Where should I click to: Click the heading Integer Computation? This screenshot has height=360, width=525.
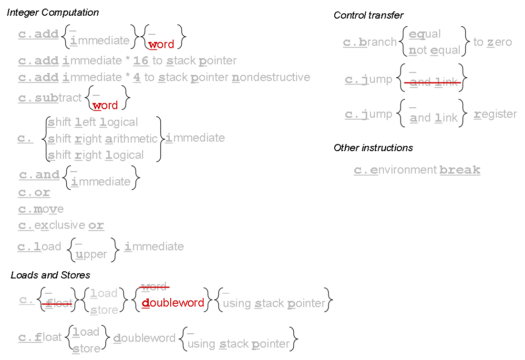point(53,13)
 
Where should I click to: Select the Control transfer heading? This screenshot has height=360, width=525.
point(369,15)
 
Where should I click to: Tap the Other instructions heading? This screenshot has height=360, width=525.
point(373,148)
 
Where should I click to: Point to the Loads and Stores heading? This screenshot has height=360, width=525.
point(51,275)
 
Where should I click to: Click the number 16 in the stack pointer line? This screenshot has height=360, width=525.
point(141,61)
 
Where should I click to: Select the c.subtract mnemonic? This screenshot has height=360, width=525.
point(50,98)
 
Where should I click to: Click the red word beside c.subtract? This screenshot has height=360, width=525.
point(105,105)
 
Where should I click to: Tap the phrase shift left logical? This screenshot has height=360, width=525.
point(93,122)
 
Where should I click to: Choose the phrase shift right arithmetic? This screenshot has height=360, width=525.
point(103,139)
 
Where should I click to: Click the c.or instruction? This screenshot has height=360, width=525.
point(34,193)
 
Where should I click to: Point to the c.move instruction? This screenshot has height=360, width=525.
point(41,209)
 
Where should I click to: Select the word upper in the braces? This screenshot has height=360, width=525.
point(92,254)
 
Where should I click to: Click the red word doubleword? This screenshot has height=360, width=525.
point(173,303)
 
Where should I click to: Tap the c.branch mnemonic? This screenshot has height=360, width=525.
point(370,42)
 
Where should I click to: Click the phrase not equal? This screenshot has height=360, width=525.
point(435,51)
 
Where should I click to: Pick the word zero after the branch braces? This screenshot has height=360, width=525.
point(499,42)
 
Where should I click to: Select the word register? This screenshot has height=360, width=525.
point(495,114)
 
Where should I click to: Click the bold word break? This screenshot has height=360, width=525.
point(460,170)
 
